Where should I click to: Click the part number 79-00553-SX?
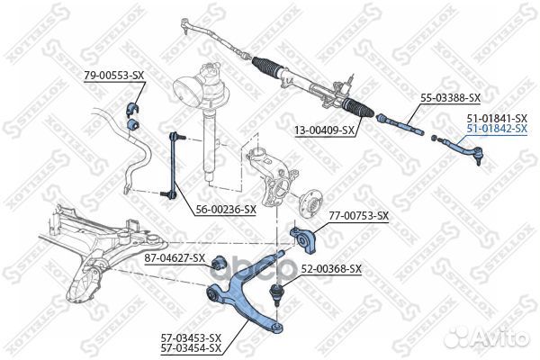pos(114,76)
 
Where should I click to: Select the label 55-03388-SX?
pos(450,98)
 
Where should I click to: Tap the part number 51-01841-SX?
pos(497,119)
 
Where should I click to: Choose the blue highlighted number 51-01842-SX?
pos(497,129)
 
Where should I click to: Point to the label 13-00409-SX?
pos(324,130)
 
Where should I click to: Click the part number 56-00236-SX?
pos(226,209)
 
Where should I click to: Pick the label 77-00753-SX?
pos(358,216)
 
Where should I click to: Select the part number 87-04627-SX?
pos(175,257)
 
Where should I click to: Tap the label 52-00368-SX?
pos(331,268)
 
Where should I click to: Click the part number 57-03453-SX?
pos(191,338)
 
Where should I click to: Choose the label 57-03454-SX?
pos(191,348)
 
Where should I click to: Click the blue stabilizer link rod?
pos(173,166)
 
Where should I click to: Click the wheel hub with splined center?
pos(309,202)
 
